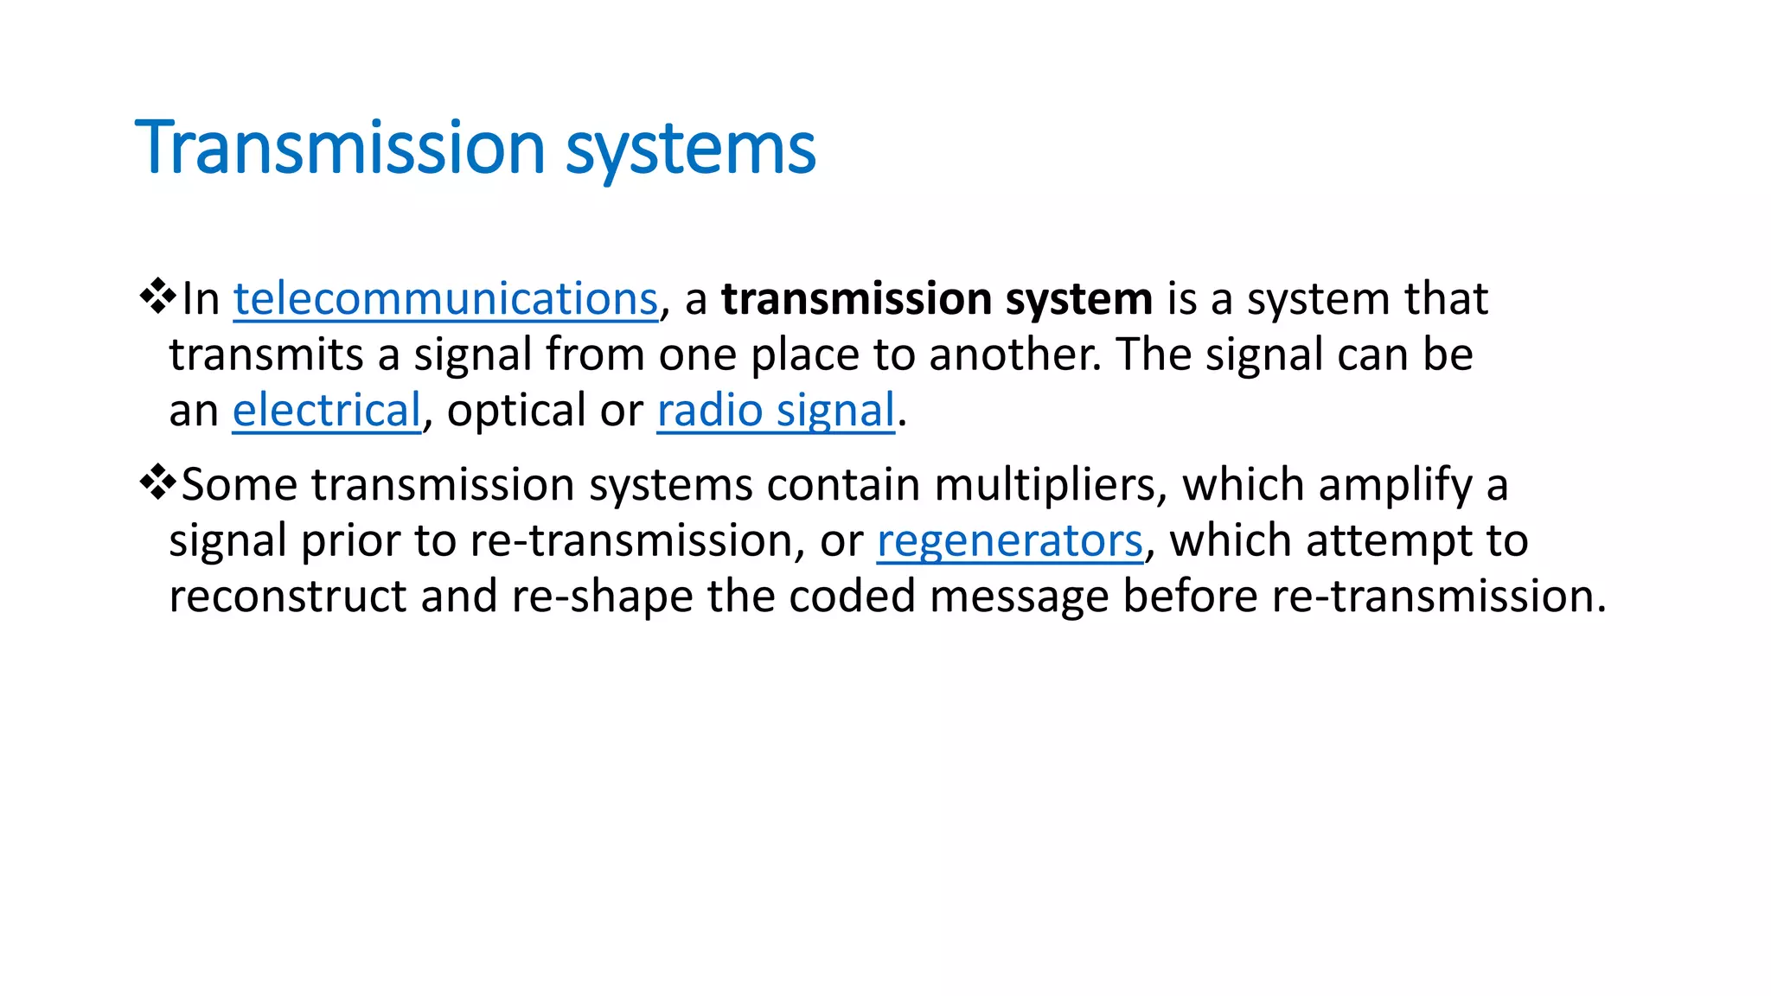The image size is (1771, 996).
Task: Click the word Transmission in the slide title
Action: (340, 148)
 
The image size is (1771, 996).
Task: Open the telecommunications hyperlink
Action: (445, 299)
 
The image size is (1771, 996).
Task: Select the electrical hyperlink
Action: (326, 411)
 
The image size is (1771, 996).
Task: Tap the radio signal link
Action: (775, 411)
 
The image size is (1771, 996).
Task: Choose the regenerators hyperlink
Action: (1009, 541)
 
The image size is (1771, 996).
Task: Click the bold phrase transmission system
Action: (937, 299)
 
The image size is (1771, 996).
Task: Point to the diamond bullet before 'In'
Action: (157, 297)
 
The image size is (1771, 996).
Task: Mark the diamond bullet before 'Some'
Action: (157, 482)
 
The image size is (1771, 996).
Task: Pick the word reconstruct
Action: (287, 597)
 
